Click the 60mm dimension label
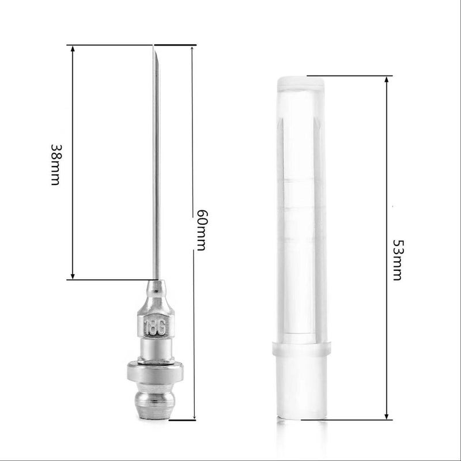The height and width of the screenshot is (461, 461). (x=201, y=230)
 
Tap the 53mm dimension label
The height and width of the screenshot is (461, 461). (x=397, y=259)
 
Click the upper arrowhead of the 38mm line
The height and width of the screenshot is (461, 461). (x=73, y=49)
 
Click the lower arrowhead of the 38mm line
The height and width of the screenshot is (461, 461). (x=73, y=276)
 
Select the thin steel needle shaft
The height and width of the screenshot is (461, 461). (x=155, y=173)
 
